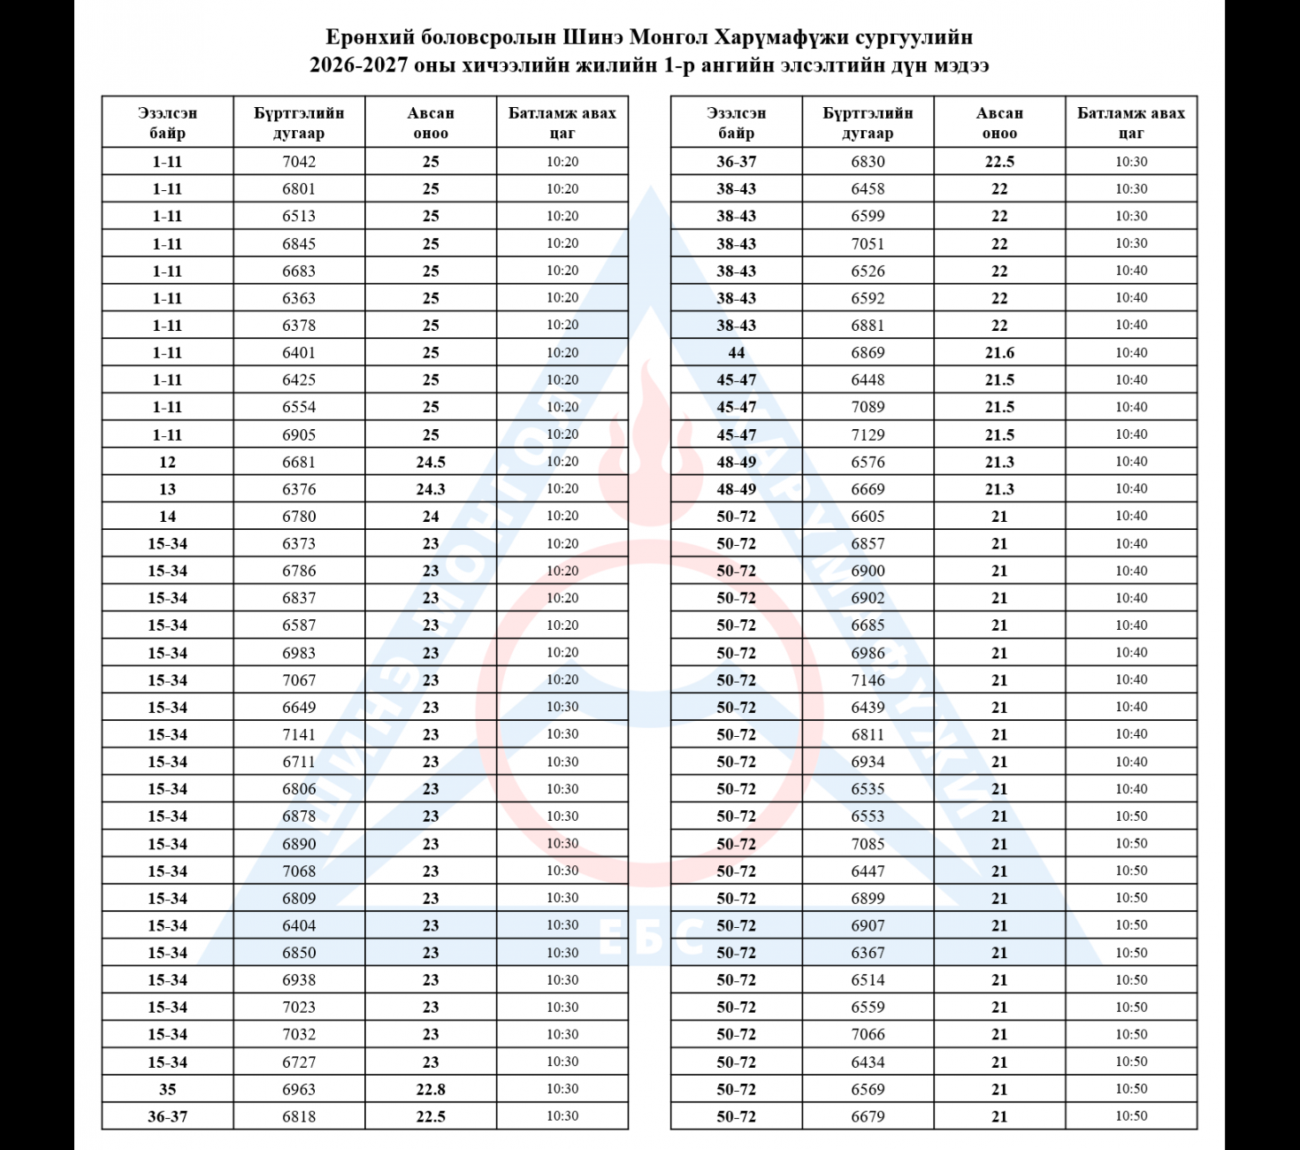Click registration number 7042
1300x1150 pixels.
[x=299, y=161]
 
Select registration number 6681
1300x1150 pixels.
[x=299, y=462]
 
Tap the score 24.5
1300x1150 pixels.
[x=431, y=462]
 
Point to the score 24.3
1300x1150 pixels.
[x=431, y=489]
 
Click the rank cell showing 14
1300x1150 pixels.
[x=167, y=517]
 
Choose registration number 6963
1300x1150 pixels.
[x=299, y=1089]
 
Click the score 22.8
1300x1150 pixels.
[x=431, y=1089]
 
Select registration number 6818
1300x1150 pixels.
[x=299, y=1116]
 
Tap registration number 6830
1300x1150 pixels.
[x=868, y=161]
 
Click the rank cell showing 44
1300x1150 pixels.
[x=736, y=352]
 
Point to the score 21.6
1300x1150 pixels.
[x=999, y=352]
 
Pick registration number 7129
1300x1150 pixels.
[x=868, y=434]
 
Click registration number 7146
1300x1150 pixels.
[x=868, y=680]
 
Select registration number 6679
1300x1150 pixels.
[x=868, y=1116]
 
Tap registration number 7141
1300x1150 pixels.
[x=299, y=734]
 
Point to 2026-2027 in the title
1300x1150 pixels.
[x=358, y=65]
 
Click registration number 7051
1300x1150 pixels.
[x=868, y=243]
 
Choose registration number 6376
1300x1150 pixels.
[x=299, y=489]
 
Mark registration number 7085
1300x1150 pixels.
[x=868, y=844]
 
